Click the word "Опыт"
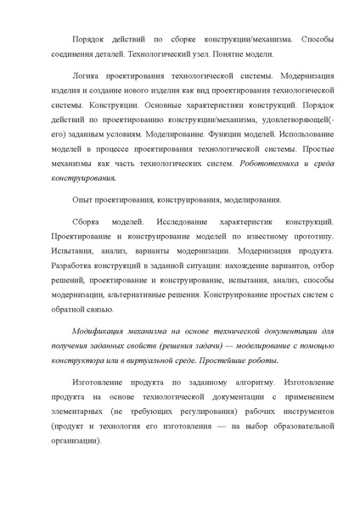83,200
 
